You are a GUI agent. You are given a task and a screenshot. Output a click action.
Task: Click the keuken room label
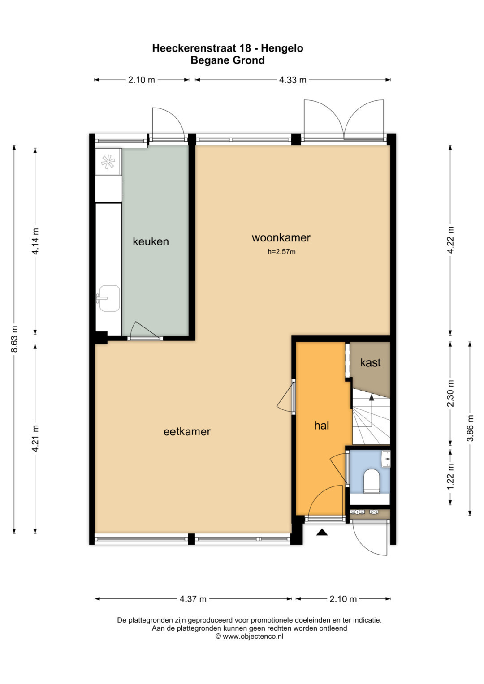tap(151, 241)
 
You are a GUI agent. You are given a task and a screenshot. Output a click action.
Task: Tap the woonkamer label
tap(281, 237)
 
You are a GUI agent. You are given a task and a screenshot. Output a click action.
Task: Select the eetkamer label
tap(187, 431)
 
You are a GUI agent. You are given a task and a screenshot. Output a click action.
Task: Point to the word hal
tap(321, 426)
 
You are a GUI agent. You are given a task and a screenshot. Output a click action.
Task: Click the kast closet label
tap(370, 362)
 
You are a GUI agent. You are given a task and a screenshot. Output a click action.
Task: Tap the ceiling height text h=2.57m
tap(281, 252)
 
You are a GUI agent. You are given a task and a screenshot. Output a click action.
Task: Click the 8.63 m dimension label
tap(14, 339)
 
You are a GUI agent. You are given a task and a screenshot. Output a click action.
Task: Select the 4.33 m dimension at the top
tap(292, 80)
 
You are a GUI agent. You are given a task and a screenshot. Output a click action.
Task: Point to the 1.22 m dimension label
tap(450, 476)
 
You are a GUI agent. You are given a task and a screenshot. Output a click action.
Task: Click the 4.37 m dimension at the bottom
tap(193, 599)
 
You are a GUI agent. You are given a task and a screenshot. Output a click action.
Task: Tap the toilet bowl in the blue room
tap(371, 481)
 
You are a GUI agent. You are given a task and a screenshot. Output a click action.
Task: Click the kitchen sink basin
tap(109, 298)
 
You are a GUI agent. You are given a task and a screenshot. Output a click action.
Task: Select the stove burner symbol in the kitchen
tap(108, 162)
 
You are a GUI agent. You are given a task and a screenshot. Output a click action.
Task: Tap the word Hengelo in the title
tap(282, 48)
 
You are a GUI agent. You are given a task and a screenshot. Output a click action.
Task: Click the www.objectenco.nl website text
tap(253, 637)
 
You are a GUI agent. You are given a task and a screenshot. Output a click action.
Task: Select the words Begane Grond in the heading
tap(228, 60)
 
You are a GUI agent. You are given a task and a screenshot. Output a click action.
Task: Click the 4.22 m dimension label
tap(450, 240)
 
